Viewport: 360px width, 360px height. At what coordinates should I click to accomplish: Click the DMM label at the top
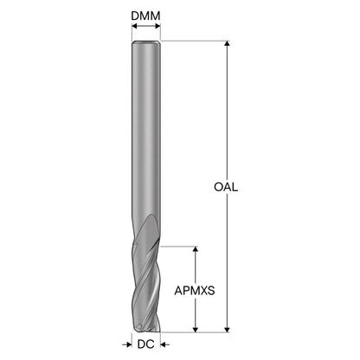(145, 16)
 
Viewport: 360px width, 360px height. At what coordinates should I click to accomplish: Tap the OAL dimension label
(226, 187)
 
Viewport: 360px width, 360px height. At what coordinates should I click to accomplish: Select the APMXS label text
(195, 291)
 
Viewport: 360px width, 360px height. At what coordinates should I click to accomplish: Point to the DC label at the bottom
(146, 344)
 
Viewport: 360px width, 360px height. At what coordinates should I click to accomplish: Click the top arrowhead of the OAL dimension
(228, 43)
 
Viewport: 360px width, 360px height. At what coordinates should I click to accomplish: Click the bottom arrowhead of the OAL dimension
(228, 330)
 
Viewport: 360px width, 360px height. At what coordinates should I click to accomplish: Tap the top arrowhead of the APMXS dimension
(196, 249)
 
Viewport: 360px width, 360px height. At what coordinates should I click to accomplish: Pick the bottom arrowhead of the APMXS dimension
(196, 330)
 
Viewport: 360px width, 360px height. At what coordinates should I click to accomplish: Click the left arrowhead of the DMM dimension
(134, 26)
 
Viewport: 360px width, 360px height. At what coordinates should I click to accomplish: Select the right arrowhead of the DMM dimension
(157, 26)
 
